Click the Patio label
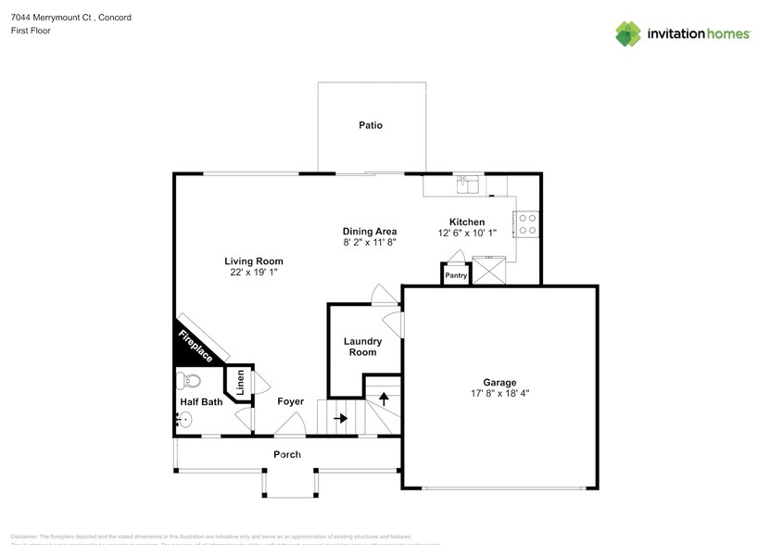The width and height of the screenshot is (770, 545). coord(371,125)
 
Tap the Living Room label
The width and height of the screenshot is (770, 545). coord(253,261)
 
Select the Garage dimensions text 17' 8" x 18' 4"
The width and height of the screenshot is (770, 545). coord(499,393)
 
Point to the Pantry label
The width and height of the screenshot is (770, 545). coord(455,275)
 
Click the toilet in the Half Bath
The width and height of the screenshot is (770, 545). coord(190,380)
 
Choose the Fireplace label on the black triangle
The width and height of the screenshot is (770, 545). coord(196,347)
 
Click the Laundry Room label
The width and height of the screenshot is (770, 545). coord(362,347)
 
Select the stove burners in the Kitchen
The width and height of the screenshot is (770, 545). coord(528,223)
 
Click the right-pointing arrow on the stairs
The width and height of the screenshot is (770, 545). coord(340,418)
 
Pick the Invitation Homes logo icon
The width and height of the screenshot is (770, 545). coord(630,33)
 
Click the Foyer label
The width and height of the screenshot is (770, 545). coord(291,402)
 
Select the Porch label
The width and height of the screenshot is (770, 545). coord(287,454)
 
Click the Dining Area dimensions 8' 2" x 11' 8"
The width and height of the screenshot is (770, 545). coord(370,243)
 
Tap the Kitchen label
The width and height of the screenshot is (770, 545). coord(467,222)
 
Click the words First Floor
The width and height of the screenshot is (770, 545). coord(31,31)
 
